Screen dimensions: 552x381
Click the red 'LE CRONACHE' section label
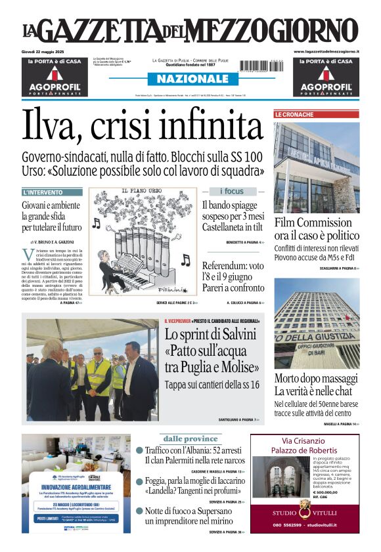[294, 114]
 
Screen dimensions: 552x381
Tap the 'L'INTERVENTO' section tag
[43, 192]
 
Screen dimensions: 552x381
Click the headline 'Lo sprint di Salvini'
[208, 335]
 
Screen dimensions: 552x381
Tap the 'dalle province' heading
[190, 438]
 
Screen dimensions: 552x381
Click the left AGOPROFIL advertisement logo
[54, 87]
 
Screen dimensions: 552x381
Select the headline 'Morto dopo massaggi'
[316, 377]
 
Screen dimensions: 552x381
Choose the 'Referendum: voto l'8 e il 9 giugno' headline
[233, 272]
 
